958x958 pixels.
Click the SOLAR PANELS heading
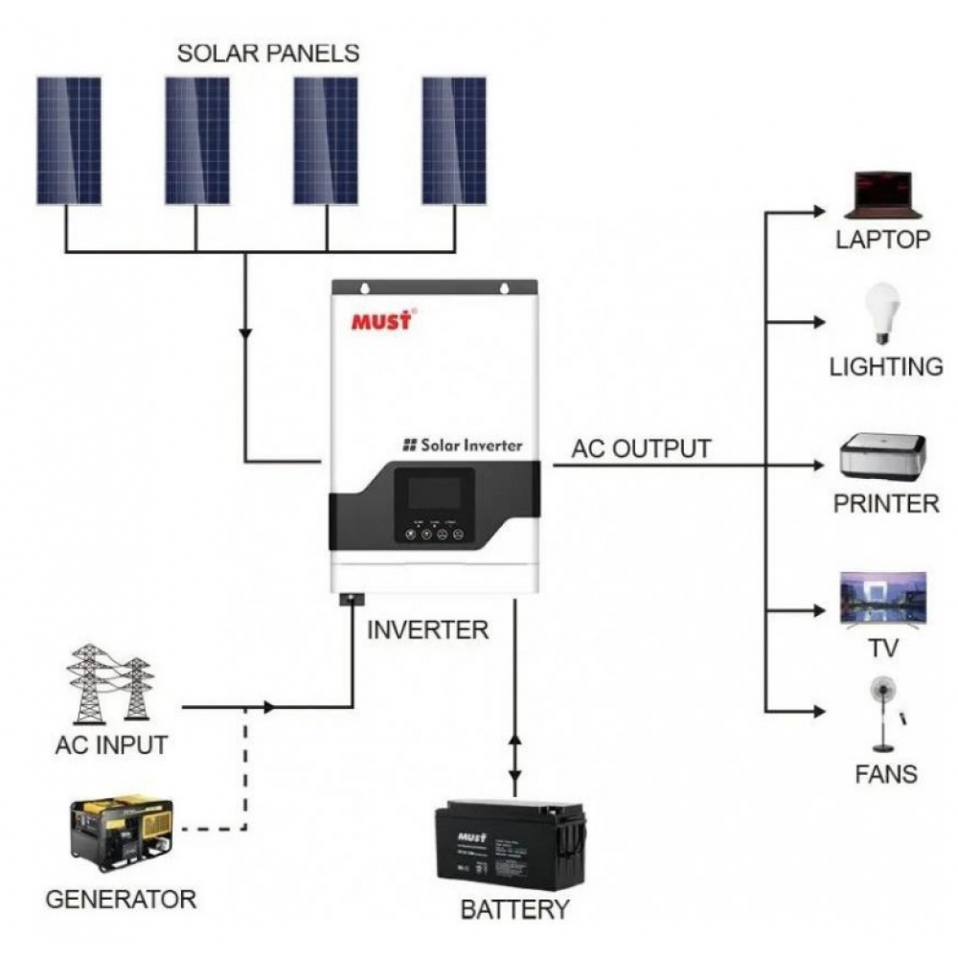coord(267,53)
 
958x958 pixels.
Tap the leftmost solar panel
coord(69,140)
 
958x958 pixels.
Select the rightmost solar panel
coord(454,140)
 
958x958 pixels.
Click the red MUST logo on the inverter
coord(381,320)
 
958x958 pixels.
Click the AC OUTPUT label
coord(641,448)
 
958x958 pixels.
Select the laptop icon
coord(882,195)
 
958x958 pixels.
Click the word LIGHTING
coord(885,367)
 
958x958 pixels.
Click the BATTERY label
coord(514,909)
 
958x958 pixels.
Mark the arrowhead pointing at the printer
coord(817,465)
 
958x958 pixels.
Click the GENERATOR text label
coord(121,900)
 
